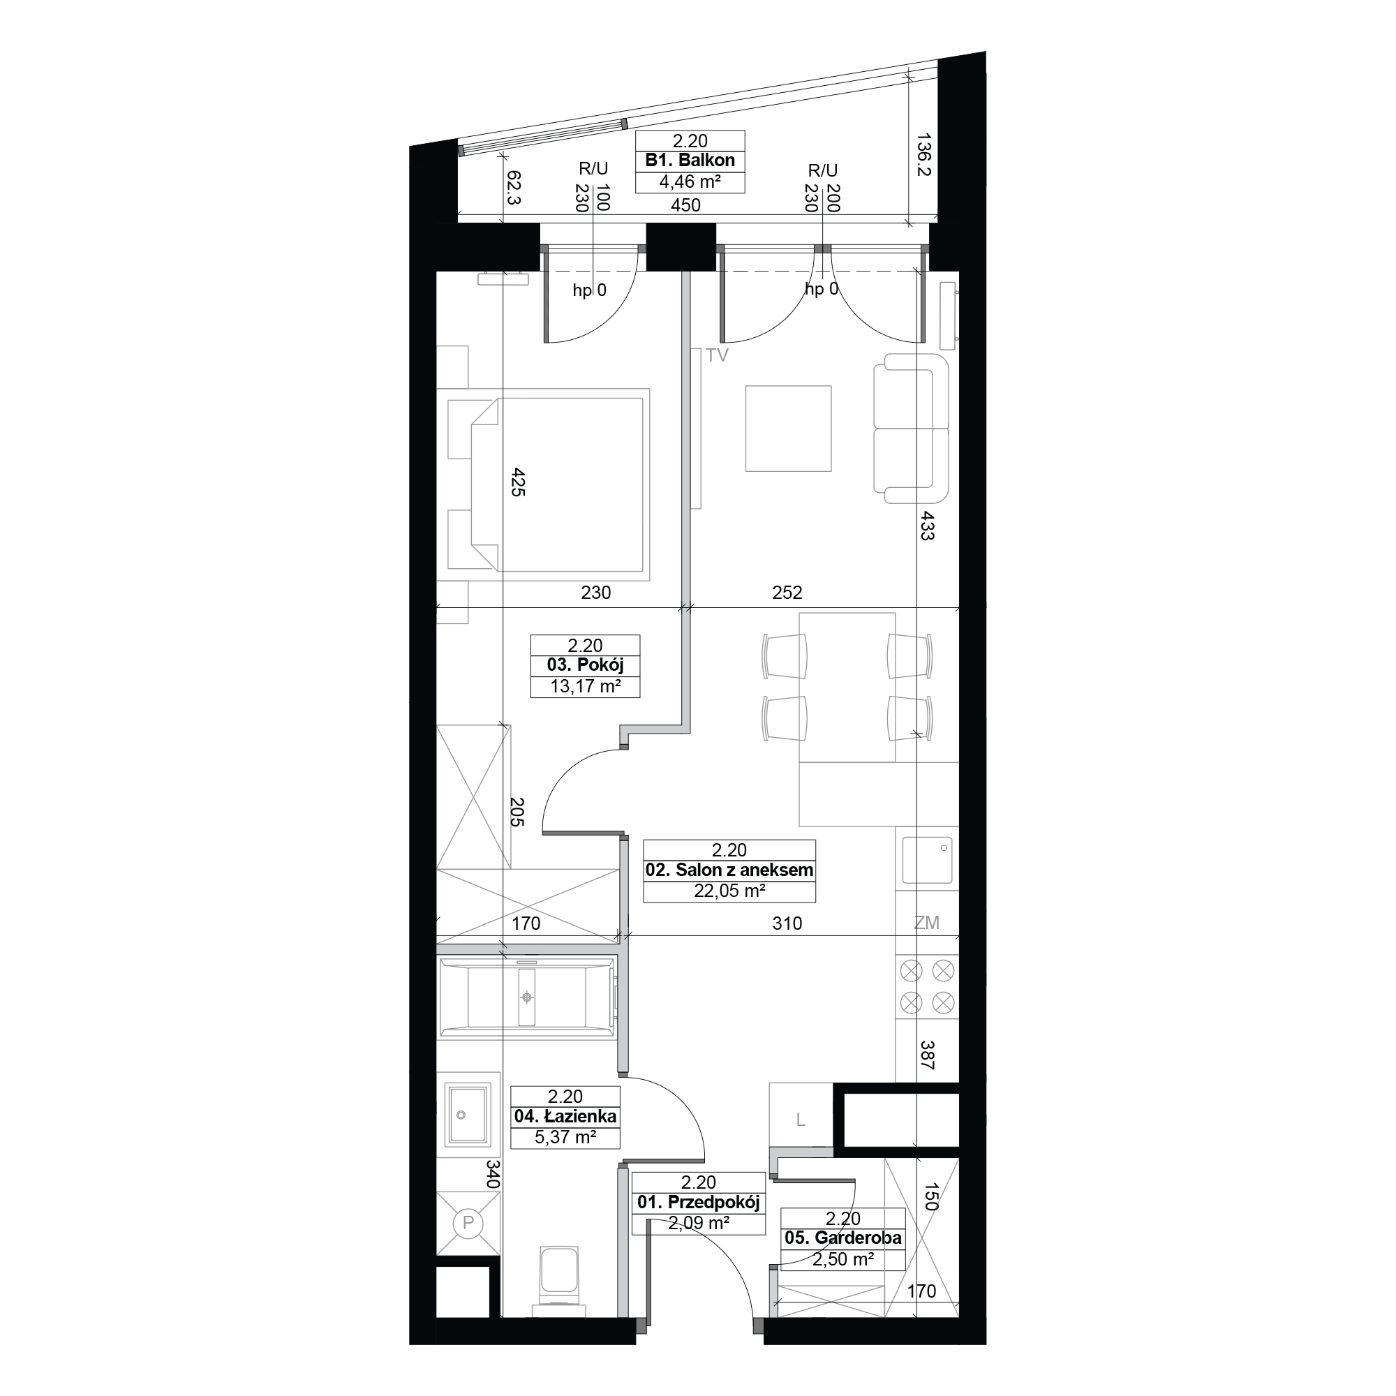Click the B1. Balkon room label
click(690, 161)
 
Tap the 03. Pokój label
click(586, 664)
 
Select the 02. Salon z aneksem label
click(729, 870)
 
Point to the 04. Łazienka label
click(565, 1116)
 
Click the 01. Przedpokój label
click(698, 1203)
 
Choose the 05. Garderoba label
click(842, 1238)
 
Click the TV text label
click(718, 355)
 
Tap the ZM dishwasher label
click(926, 923)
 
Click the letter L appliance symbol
click(800, 1121)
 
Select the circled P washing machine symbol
click(468, 1224)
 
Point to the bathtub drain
click(528, 998)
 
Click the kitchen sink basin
click(927, 860)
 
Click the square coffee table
click(788, 429)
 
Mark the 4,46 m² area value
click(690, 181)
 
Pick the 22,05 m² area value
click(729, 891)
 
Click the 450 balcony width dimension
click(685, 205)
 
